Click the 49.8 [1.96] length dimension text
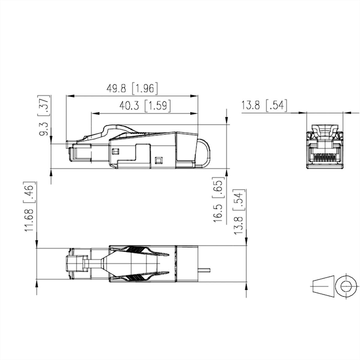132,88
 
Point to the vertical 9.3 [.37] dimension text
44,116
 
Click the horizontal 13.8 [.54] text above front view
264,106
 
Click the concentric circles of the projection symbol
346,286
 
